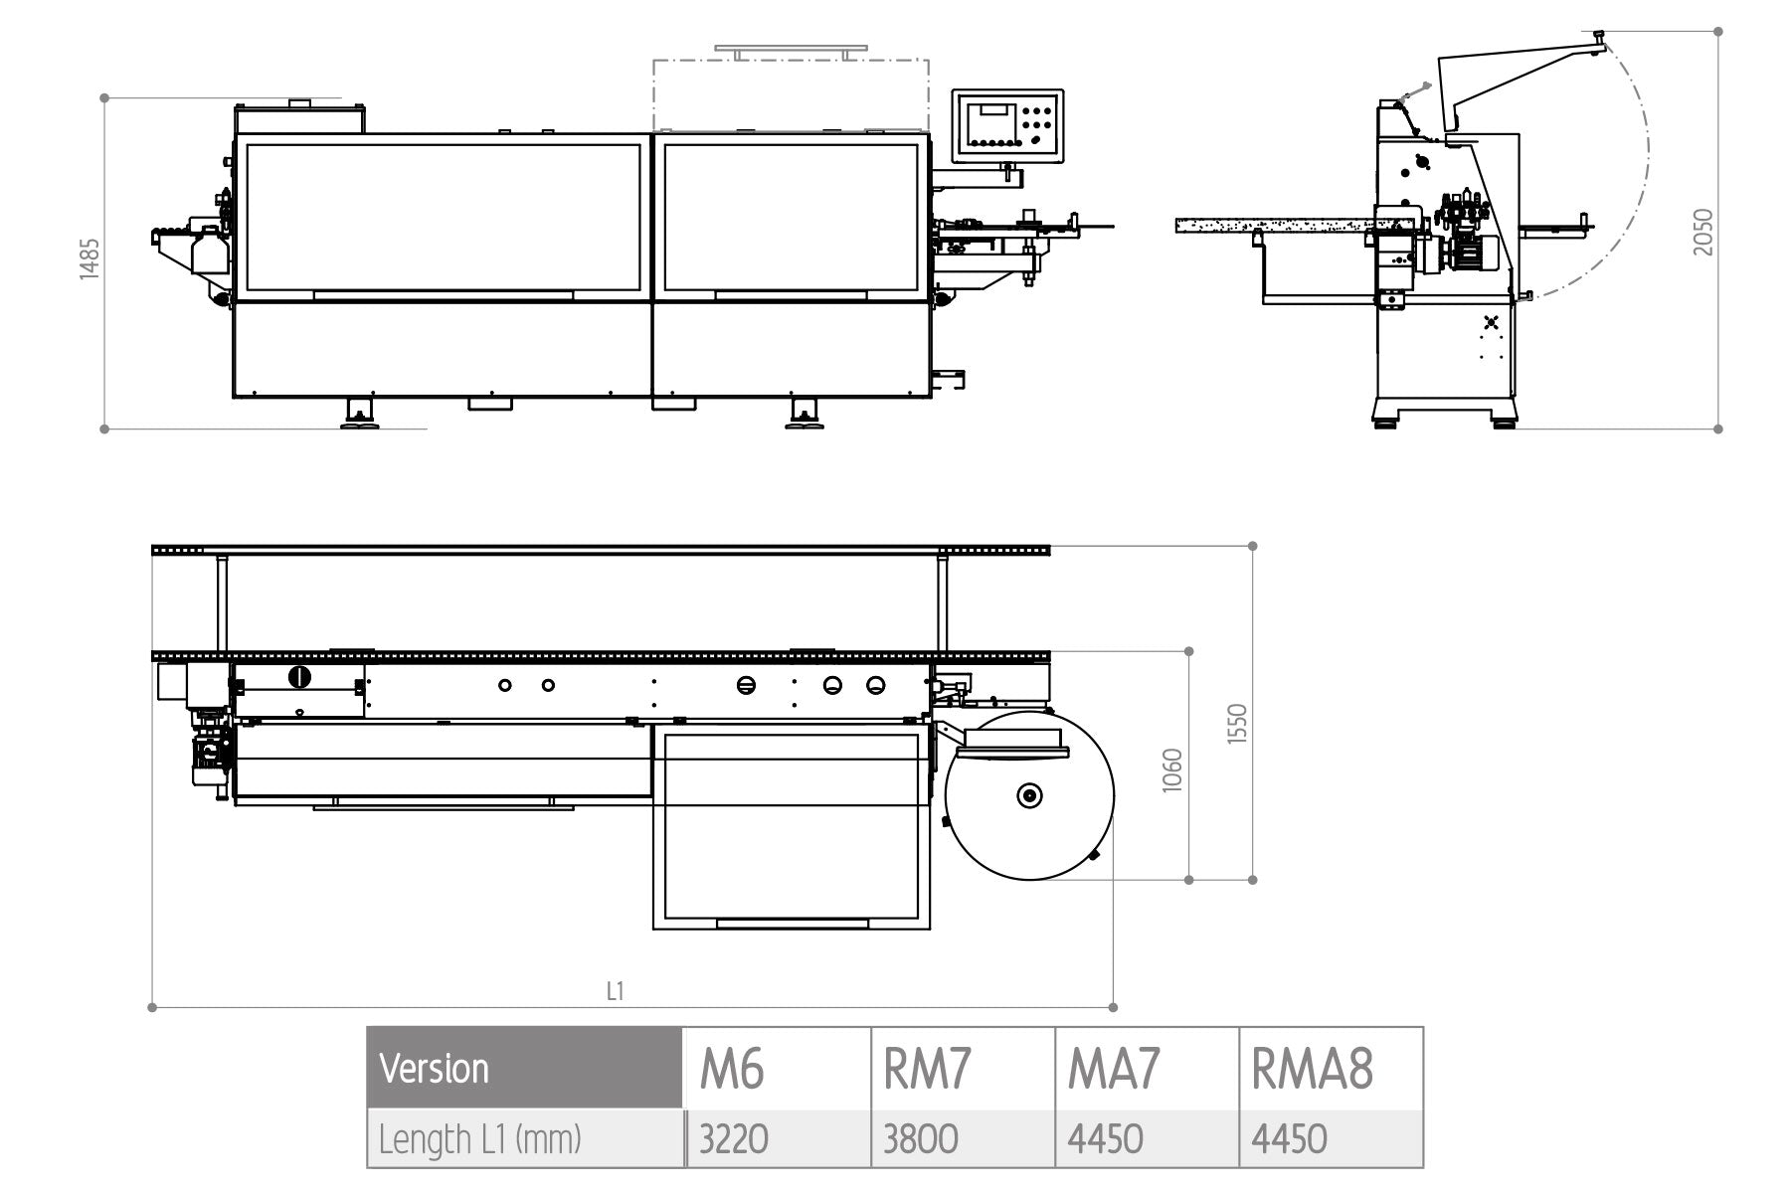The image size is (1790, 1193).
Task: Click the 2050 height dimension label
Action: pyautogui.click(x=1704, y=232)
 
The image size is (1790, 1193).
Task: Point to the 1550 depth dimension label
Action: pyautogui.click(x=1237, y=724)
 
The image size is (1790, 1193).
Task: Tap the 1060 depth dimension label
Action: pyautogui.click(x=1173, y=769)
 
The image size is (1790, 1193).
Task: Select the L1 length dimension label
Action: pyautogui.click(x=616, y=991)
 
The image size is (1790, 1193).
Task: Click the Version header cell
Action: pyautogui.click(x=435, y=1070)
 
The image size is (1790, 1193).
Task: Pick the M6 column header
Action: pyautogui.click(x=732, y=1070)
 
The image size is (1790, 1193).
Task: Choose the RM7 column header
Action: pyautogui.click(x=927, y=1070)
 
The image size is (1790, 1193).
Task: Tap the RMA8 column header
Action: pyautogui.click(x=1313, y=1070)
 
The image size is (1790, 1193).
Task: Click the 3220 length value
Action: pyautogui.click(x=734, y=1139)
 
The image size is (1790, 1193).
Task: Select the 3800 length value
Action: pyautogui.click(x=921, y=1139)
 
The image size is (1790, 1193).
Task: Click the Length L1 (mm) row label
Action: pyautogui.click(x=480, y=1139)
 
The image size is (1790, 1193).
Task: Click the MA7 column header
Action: pyautogui.click(x=1114, y=1070)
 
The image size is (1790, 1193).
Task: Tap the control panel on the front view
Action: pyautogui.click(x=1007, y=125)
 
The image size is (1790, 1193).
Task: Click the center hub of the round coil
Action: pyautogui.click(x=1029, y=795)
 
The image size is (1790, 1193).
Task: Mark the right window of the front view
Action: pyautogui.click(x=792, y=217)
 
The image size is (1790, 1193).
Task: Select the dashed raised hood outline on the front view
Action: pyautogui.click(x=791, y=94)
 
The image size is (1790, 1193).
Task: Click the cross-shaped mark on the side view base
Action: pyautogui.click(x=1490, y=322)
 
